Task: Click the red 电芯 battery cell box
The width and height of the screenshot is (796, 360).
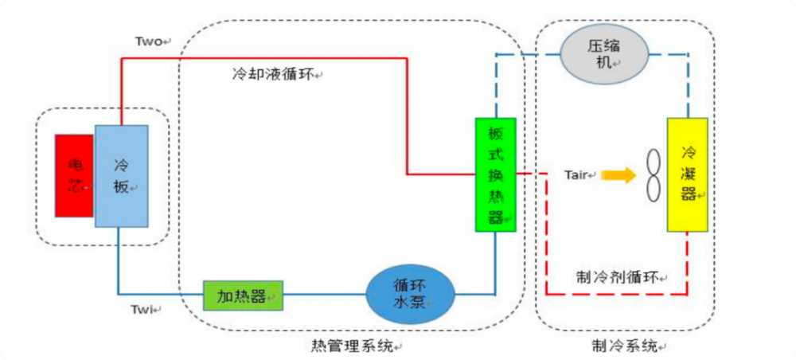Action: pos(74,175)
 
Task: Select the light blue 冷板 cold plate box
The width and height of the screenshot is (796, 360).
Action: pos(121,175)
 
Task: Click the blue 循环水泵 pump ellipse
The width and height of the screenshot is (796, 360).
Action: pos(411,292)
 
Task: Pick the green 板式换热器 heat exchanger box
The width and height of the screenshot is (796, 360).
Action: pos(495,174)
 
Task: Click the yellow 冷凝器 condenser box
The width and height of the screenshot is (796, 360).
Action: pos(688,174)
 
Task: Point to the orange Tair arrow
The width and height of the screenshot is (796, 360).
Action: pos(620,175)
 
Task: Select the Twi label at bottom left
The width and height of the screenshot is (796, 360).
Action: pos(148,308)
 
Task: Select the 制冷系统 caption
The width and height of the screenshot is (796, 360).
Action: pos(624,346)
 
